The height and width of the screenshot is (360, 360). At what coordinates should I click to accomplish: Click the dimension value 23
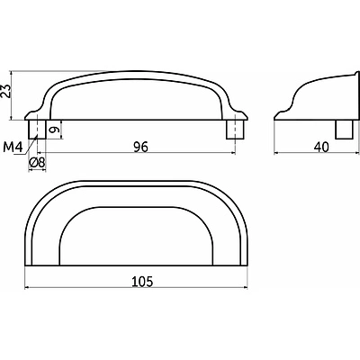click(x=6, y=91)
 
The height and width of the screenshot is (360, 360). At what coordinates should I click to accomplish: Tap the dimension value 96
click(x=140, y=148)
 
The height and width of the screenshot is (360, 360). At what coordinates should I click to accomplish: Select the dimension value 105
click(x=142, y=282)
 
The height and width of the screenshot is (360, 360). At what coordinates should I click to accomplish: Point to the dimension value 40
click(x=321, y=148)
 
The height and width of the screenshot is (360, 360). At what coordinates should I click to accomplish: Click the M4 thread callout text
click(x=13, y=148)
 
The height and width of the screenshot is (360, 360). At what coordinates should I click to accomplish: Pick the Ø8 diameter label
click(x=37, y=162)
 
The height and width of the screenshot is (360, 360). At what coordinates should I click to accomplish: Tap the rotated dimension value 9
click(x=53, y=130)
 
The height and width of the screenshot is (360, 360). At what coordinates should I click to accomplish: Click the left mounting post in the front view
click(x=37, y=130)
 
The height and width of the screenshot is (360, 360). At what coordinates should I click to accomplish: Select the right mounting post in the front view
click(x=235, y=130)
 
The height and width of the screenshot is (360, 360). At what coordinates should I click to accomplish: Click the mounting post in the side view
click(x=344, y=130)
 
